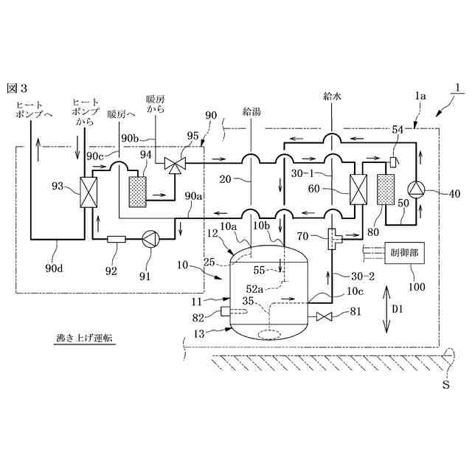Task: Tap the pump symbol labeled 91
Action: coord(150,239)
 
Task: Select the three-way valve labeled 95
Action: coord(175,164)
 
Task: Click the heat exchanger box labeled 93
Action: coord(88,192)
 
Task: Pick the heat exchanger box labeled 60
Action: coord(358,190)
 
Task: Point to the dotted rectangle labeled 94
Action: coord(138,192)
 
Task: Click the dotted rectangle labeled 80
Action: coord(386,190)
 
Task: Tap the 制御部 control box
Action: coord(404,253)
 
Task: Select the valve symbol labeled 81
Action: coord(324,316)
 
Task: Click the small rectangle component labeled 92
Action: coord(117,239)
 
